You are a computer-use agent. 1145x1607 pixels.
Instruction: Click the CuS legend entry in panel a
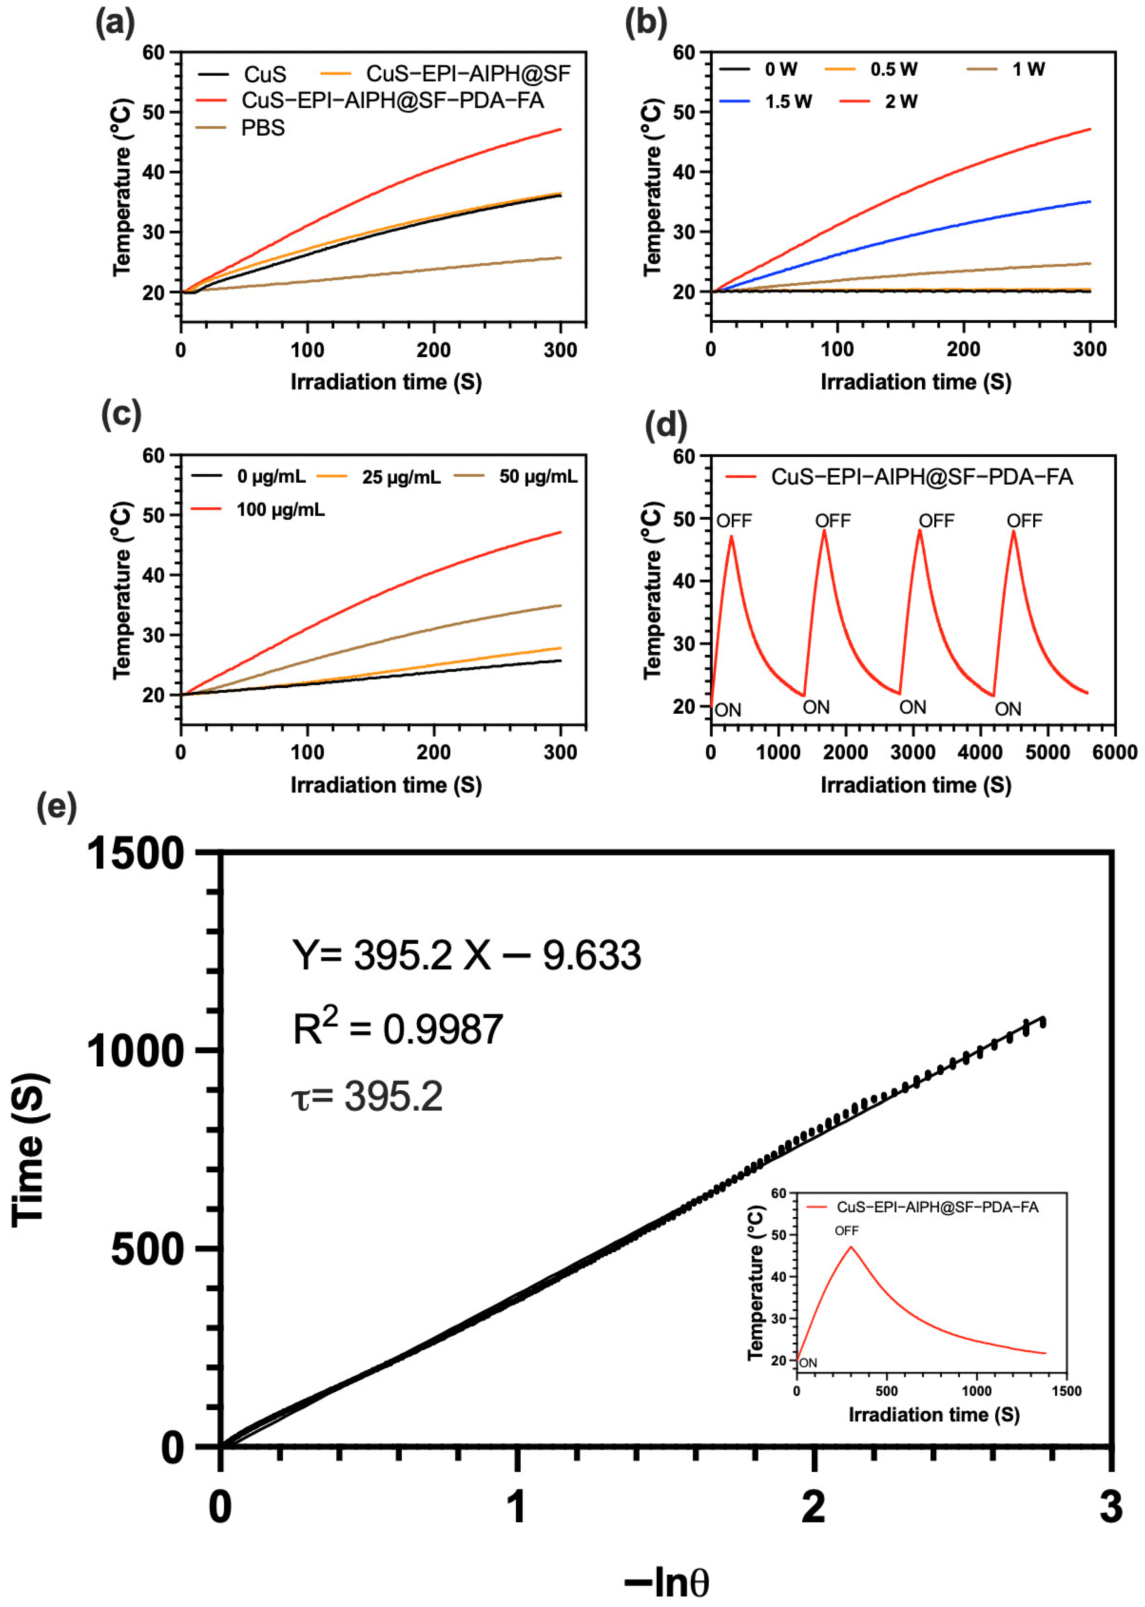265,74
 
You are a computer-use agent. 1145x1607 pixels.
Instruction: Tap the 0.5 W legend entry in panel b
893,69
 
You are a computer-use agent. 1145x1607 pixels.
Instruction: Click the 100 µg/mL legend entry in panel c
280,509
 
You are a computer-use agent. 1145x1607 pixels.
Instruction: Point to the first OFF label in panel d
734,521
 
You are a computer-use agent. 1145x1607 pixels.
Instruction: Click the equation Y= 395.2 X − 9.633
467,955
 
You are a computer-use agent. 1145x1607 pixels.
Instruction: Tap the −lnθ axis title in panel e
666,1582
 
